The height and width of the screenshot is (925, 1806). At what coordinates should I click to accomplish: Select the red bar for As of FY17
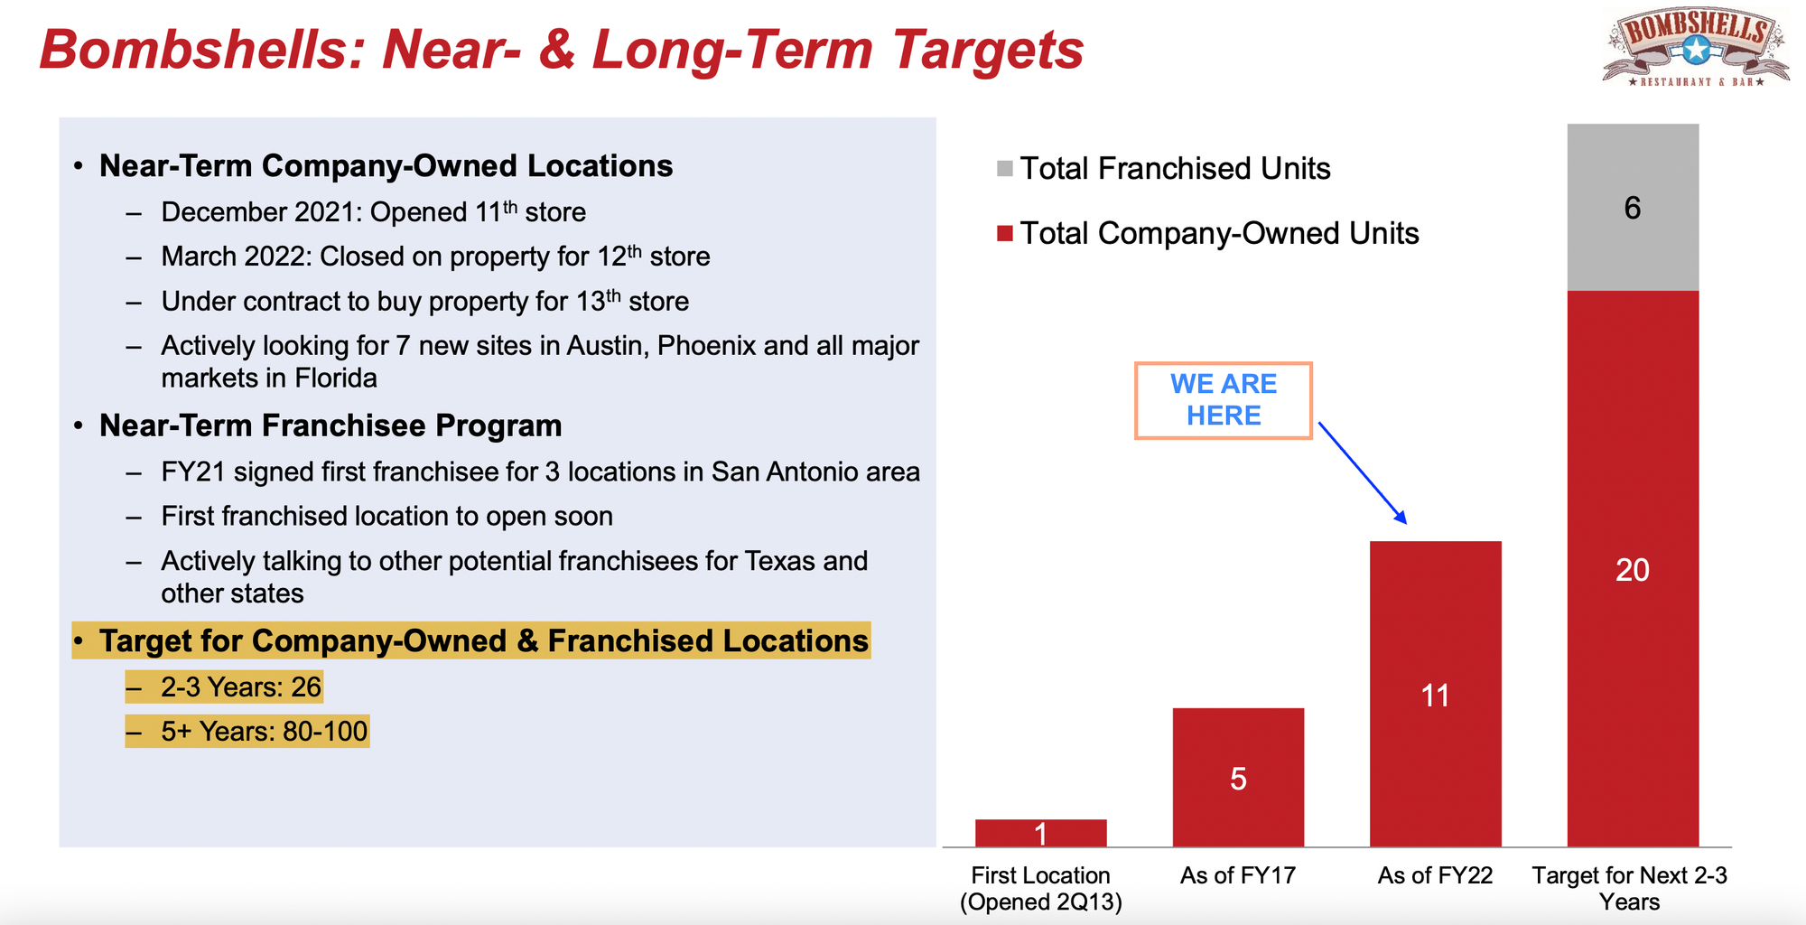click(1238, 777)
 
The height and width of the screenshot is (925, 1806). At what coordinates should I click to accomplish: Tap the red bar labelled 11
click(1436, 694)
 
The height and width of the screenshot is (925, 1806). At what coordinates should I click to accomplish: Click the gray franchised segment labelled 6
click(1633, 207)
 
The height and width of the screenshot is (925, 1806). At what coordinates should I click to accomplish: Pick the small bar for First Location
click(1041, 833)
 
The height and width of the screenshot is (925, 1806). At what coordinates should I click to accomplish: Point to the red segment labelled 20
click(1633, 569)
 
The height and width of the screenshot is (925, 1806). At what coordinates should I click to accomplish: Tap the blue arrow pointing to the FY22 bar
click(1363, 472)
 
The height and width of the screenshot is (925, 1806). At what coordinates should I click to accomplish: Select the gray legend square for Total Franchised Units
click(1005, 169)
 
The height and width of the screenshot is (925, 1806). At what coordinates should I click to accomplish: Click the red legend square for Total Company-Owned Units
click(1005, 234)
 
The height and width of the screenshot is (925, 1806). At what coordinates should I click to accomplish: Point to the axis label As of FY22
click(1435, 875)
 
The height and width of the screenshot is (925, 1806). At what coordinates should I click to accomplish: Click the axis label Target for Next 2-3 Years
click(1630, 889)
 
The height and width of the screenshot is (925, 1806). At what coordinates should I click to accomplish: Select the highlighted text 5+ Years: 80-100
click(265, 731)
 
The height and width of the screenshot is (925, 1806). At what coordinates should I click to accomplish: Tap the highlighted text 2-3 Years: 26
click(241, 687)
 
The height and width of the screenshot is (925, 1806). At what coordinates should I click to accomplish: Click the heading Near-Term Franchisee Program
click(330, 425)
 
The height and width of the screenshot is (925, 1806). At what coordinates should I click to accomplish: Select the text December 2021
click(262, 212)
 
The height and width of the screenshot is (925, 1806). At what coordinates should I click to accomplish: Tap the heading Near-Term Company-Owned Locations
click(386, 166)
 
